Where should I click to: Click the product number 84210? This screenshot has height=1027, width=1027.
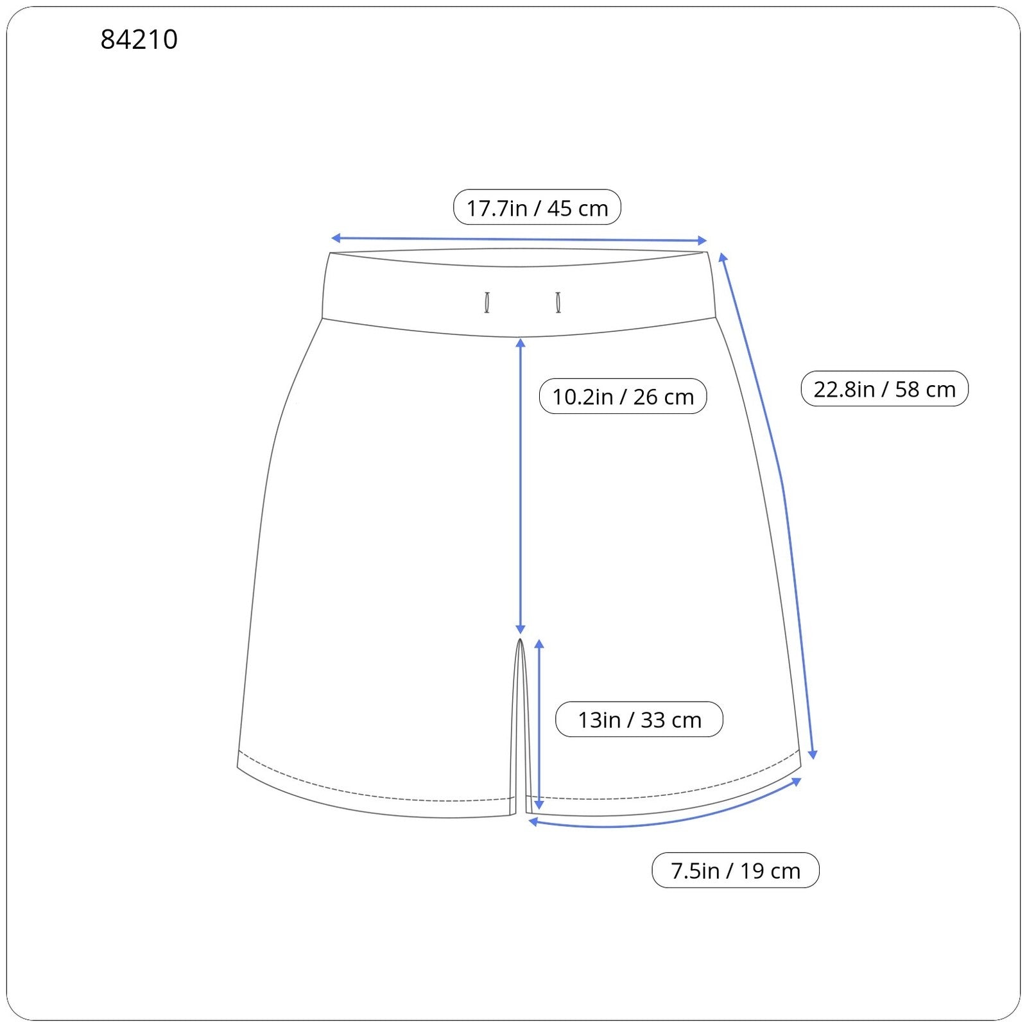(x=139, y=40)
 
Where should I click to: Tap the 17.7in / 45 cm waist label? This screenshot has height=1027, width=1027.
(x=537, y=207)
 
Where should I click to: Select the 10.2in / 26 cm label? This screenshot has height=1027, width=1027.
(x=623, y=396)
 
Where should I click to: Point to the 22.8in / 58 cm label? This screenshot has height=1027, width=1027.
(x=885, y=388)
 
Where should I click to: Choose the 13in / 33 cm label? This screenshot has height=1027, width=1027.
(x=639, y=719)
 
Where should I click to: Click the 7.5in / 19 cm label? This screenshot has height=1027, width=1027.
(x=736, y=870)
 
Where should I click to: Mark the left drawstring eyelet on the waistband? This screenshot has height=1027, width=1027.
(x=487, y=302)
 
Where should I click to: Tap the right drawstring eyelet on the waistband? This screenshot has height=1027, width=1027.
(x=558, y=302)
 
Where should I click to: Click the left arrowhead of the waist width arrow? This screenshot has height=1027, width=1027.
(x=335, y=238)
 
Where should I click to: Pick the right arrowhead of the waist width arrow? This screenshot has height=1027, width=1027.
(x=702, y=241)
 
